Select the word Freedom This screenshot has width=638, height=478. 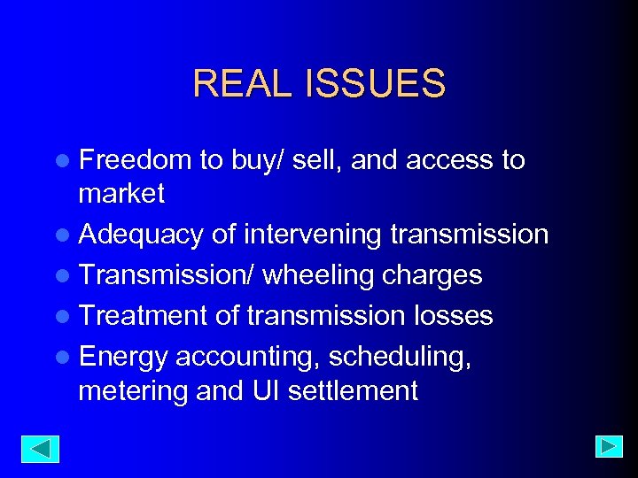135,160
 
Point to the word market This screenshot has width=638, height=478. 121,193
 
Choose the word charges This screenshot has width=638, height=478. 432,275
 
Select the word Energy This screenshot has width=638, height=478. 123,357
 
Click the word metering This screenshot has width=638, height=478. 133,390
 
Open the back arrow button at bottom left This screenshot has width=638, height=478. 40,449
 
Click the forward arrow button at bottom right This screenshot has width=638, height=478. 609,446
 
